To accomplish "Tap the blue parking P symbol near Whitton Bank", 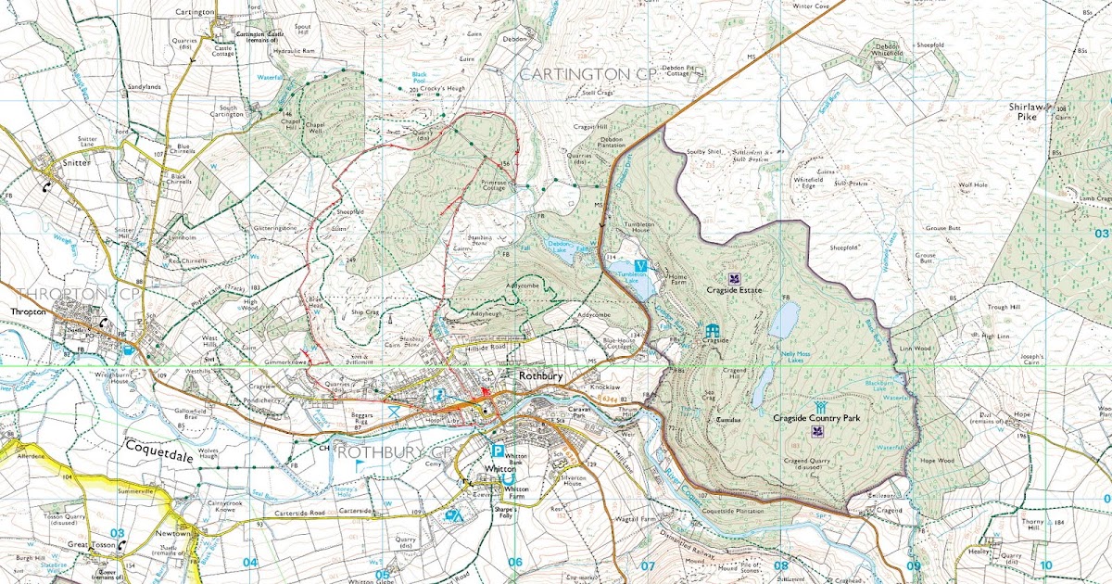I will click(498, 452).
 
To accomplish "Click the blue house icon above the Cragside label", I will click(712, 330).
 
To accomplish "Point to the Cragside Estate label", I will click(732, 290).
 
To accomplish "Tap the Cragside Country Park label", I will click(817, 418).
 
